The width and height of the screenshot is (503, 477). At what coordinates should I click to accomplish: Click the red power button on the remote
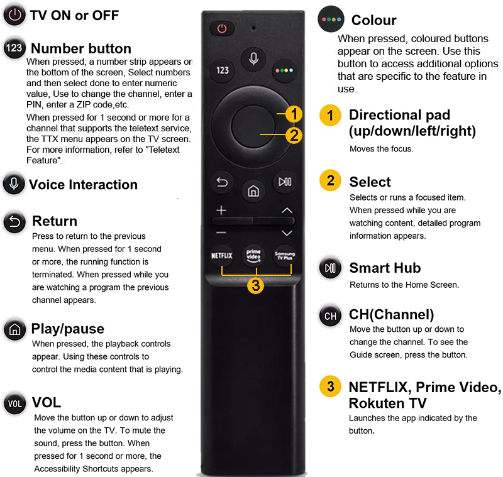click(x=222, y=28)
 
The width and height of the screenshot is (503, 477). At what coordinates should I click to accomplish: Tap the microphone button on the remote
click(x=253, y=58)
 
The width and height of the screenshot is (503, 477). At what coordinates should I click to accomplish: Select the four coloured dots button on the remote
click(x=284, y=70)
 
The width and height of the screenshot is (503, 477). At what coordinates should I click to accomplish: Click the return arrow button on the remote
click(x=222, y=182)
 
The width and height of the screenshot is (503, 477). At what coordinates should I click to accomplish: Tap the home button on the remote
click(x=253, y=191)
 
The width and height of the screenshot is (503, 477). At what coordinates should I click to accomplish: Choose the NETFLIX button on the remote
click(x=222, y=256)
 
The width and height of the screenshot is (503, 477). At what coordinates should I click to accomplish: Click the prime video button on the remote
click(x=253, y=256)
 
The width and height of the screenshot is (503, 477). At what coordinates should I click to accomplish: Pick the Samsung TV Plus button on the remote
click(x=285, y=256)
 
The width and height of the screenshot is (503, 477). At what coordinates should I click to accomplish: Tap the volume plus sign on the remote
click(x=221, y=211)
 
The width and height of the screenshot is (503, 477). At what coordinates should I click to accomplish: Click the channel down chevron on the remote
click(x=287, y=233)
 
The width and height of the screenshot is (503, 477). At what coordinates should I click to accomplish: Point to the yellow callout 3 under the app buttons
click(x=256, y=285)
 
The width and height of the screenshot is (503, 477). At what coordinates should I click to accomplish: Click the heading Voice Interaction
click(x=84, y=185)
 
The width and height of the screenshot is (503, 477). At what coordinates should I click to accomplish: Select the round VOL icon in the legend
click(x=14, y=403)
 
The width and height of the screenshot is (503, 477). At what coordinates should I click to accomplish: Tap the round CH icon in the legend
click(x=331, y=316)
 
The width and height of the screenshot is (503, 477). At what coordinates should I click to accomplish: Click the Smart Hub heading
click(x=385, y=268)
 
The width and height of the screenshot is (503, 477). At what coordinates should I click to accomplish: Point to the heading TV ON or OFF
click(x=74, y=15)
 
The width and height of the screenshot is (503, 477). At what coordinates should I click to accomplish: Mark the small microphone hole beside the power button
click(x=253, y=28)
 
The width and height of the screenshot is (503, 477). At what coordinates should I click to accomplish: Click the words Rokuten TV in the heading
click(x=388, y=403)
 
